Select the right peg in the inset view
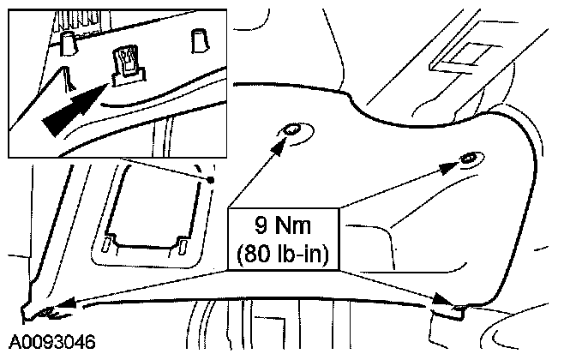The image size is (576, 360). coord(198,38)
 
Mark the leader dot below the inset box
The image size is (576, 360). coord(209,180)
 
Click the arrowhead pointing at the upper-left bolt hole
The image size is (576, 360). coord(279,145)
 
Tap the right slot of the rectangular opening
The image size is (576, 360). coord(183,245)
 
